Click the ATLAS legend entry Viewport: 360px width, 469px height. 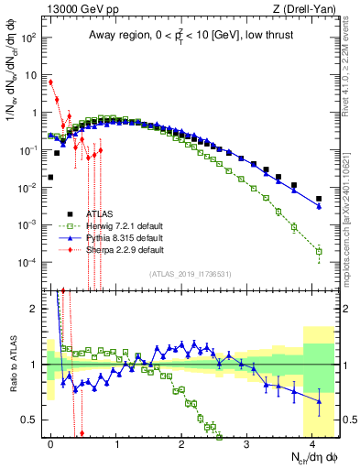point(86,212)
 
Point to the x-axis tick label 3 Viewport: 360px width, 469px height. point(247,442)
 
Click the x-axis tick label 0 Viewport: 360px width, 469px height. point(50,442)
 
